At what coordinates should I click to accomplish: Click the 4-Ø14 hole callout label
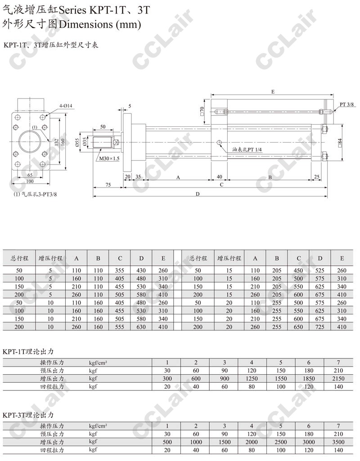click(66, 106)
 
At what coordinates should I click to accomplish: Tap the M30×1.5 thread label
click(109, 158)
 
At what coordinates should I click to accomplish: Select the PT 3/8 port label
click(347, 104)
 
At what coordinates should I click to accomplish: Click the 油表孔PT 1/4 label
click(247, 149)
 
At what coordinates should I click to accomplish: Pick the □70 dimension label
click(202, 112)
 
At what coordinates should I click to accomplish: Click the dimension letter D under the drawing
click(198, 194)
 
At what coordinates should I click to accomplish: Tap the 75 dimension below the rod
click(108, 185)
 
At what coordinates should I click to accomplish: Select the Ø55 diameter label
click(77, 143)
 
